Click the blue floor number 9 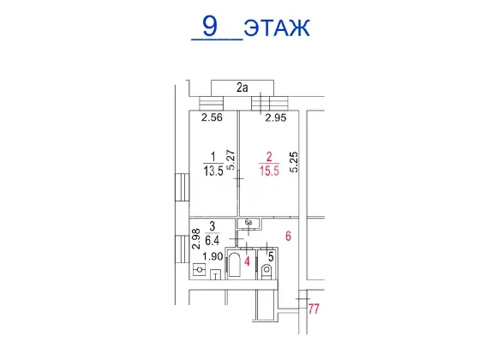210,26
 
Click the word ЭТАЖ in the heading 277,27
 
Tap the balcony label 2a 242,87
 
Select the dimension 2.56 212,117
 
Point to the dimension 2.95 276,117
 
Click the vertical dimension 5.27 231,159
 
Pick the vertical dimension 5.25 294,162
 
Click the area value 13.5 213,171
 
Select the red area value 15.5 269,171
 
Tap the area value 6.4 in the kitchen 212,241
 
